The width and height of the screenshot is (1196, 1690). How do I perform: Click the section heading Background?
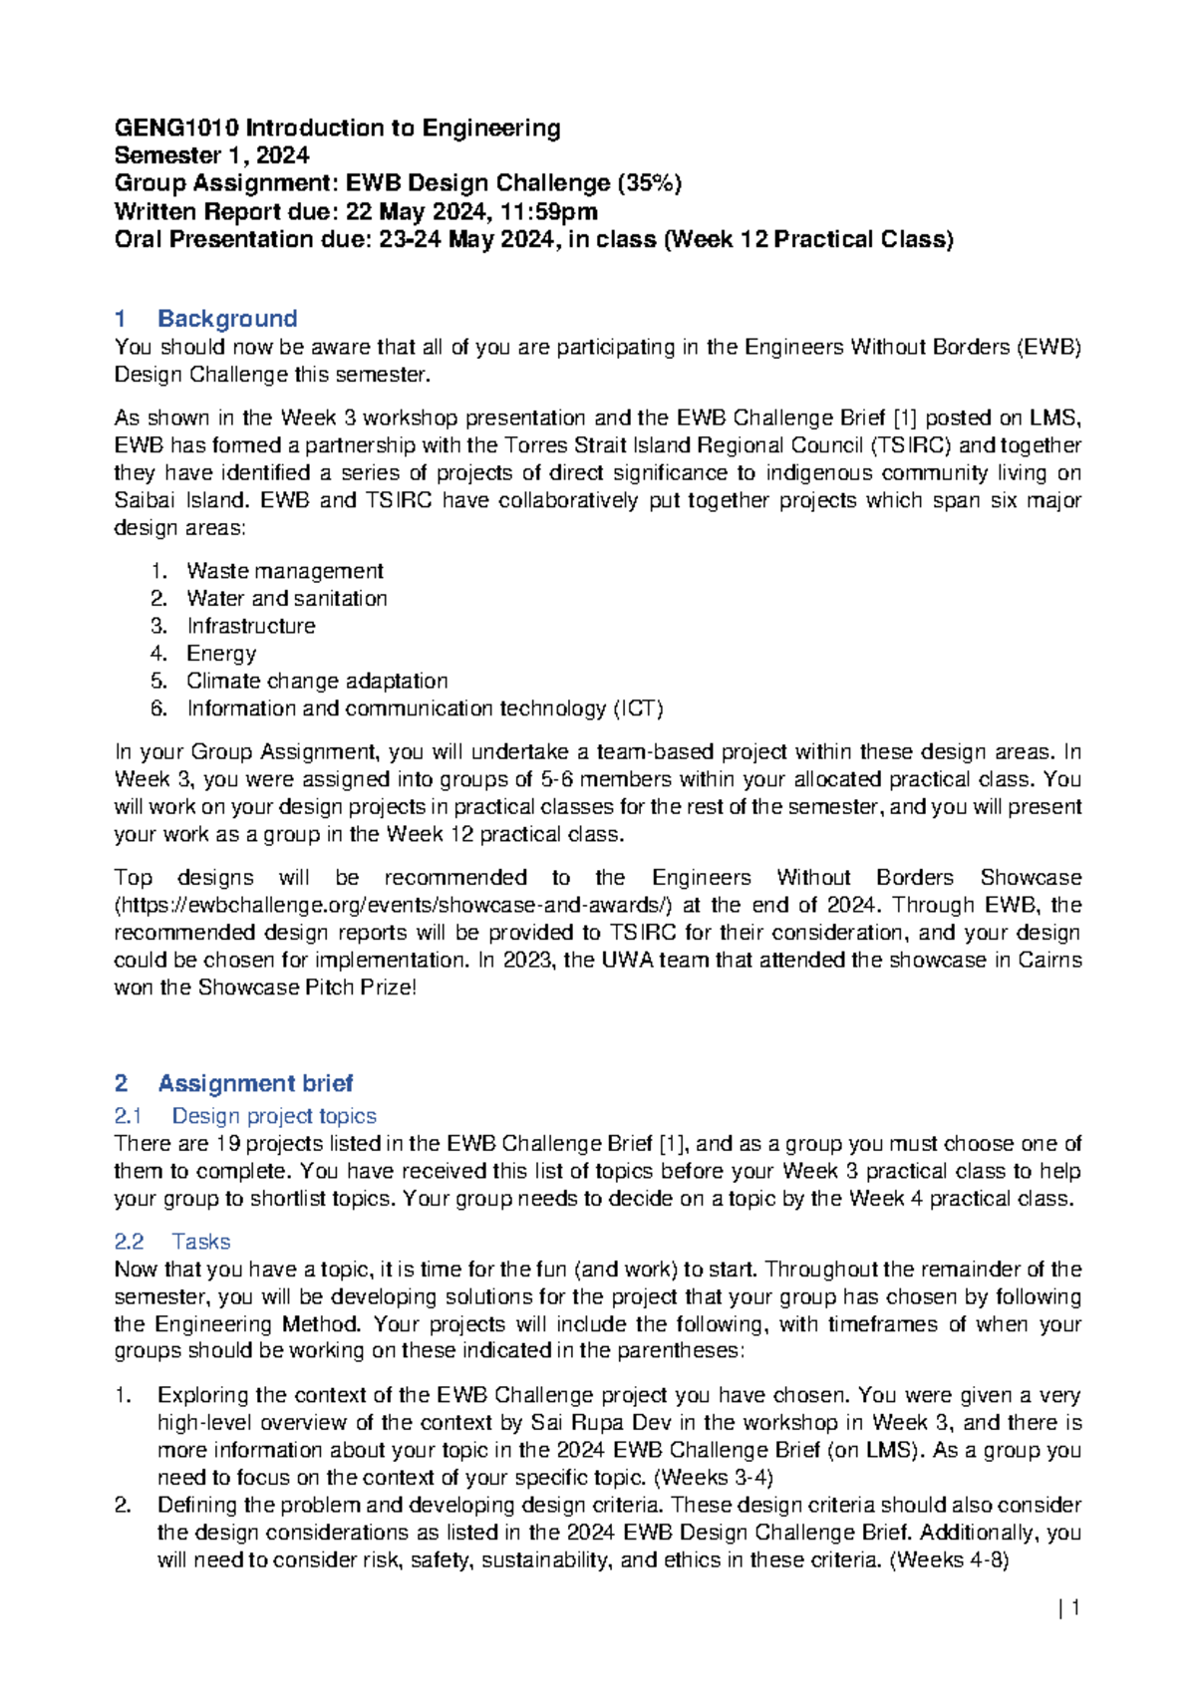pyautogui.click(x=227, y=319)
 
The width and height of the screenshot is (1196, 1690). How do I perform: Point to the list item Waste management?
pyautogui.click(x=284, y=571)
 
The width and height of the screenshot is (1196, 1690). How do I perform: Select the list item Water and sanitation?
pyautogui.click(x=286, y=599)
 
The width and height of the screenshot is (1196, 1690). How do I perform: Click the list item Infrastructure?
pyautogui.click(x=250, y=626)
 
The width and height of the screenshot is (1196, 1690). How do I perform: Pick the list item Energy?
pyautogui.click(x=221, y=654)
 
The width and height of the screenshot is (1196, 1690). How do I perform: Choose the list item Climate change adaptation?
pyautogui.click(x=317, y=682)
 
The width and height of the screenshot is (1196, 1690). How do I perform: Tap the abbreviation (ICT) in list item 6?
pyautogui.click(x=638, y=708)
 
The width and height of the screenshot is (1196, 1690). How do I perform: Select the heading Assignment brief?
pyautogui.click(x=255, y=1083)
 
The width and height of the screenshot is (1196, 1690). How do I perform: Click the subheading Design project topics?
pyautogui.click(x=274, y=1116)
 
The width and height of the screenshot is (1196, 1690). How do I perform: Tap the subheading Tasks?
pyautogui.click(x=200, y=1242)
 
